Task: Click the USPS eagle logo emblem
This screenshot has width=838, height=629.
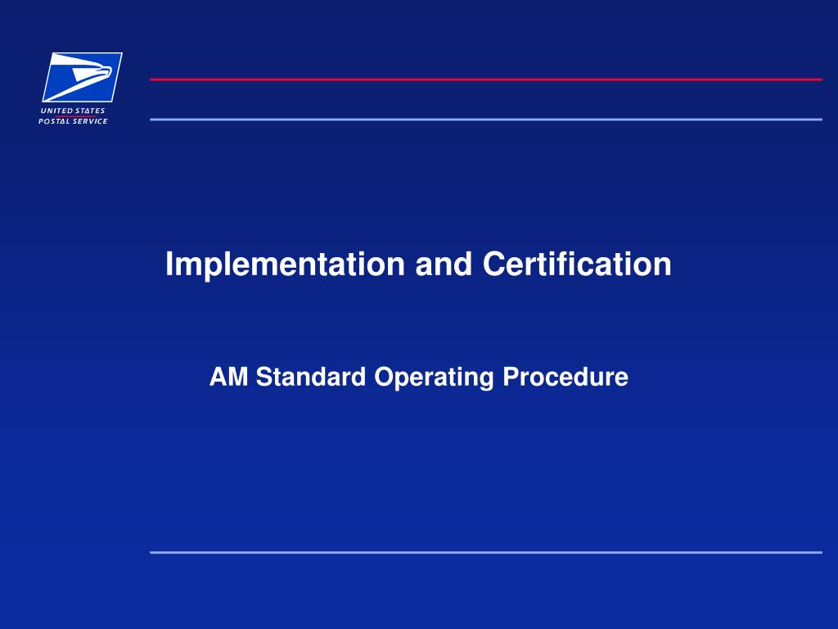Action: coord(83,77)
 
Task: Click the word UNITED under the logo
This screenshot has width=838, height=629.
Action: coord(56,111)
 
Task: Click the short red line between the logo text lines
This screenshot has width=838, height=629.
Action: coord(76,116)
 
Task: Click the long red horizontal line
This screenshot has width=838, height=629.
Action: coord(486,79)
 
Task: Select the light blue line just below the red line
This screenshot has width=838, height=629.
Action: coord(486,120)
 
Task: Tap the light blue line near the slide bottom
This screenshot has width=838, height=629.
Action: coord(486,553)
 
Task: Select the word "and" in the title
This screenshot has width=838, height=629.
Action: coord(444,265)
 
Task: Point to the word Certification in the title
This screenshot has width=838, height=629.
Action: coord(577,264)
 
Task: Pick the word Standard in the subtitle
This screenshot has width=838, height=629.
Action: coord(311,377)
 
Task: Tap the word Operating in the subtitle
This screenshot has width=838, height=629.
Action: coord(434,378)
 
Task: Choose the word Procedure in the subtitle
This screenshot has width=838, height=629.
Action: coord(565,377)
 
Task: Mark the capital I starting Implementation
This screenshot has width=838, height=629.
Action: coord(169,264)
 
